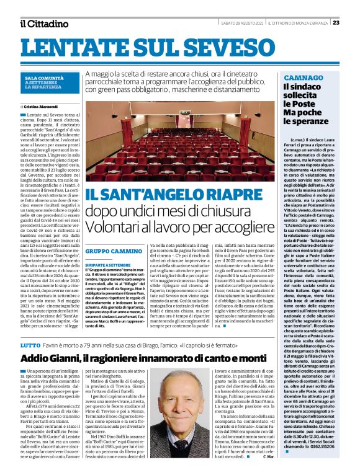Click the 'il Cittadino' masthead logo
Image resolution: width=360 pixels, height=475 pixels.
point(43,24)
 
